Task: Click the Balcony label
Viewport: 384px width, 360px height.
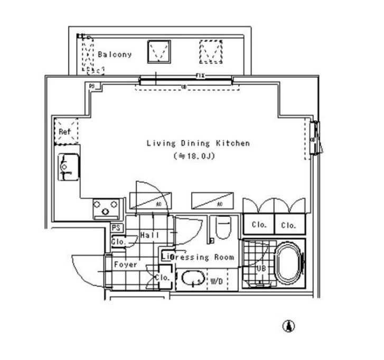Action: click(x=115, y=54)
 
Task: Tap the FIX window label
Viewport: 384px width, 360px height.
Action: click(x=200, y=76)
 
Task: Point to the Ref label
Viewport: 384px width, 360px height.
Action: click(x=64, y=132)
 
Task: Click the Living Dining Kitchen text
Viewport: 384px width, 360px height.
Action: click(x=198, y=143)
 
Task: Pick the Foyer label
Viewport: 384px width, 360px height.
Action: click(x=125, y=264)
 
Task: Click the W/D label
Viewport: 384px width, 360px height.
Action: click(x=216, y=282)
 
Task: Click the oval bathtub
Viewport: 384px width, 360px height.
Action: click(x=289, y=264)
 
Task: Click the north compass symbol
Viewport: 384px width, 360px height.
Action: click(x=289, y=326)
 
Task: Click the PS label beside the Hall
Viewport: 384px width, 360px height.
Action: click(x=116, y=228)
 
